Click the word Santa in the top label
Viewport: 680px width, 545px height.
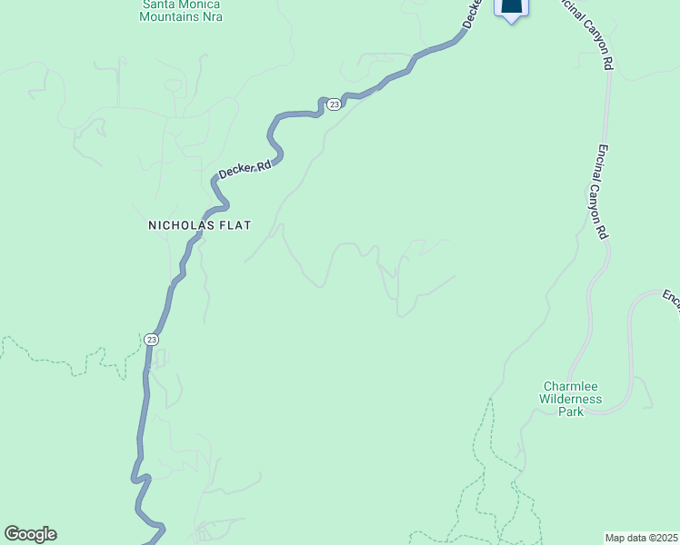(156, 4)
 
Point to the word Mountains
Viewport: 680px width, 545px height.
(170, 16)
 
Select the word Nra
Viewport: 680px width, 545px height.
(212, 16)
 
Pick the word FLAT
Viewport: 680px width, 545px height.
(234, 224)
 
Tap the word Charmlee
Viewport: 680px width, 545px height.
(571, 385)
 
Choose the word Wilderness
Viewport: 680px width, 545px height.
(571, 398)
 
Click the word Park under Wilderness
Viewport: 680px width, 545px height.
(571, 411)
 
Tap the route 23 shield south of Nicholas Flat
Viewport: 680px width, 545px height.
(151, 339)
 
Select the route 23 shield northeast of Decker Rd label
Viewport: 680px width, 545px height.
(334, 104)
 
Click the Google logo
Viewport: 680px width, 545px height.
(30, 534)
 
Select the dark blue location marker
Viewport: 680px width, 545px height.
(512, 8)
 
